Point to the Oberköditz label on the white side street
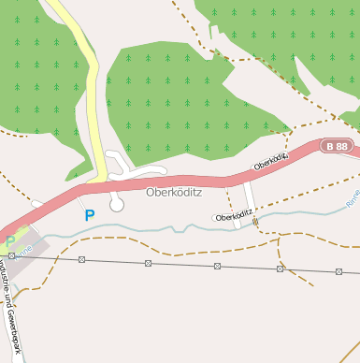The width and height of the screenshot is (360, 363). coord(233,216)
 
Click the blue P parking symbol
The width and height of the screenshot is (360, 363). coord(90,215)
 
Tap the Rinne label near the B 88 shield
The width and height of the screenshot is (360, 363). coord(352,197)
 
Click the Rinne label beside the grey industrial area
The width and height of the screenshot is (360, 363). coord(24,249)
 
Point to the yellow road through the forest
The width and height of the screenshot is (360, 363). coord(92,94)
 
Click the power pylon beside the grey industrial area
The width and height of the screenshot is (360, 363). coord(12,254)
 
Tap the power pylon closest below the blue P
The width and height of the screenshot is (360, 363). coord(82,259)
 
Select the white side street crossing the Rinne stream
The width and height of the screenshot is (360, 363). coord(250,201)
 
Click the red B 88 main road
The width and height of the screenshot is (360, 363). coord(187,179)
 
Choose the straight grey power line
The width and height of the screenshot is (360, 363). coord(187,265)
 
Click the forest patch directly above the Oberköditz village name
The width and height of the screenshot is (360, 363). coord(178,103)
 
